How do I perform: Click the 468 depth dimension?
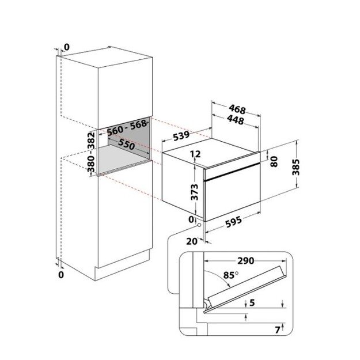[237, 109]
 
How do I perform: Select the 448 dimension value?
[236, 120]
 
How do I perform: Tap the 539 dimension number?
[181, 135]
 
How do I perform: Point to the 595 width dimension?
[233, 222]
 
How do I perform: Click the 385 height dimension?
[295, 167]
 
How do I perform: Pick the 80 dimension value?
[274, 161]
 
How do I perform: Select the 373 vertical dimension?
[194, 192]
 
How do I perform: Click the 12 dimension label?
[195, 154]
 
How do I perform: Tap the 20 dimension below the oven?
[192, 241]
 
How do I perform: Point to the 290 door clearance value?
[245, 261]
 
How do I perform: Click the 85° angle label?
[230, 275]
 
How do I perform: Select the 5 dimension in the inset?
[252, 302]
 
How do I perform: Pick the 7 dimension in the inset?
[278, 330]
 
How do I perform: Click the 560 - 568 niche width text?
[127, 128]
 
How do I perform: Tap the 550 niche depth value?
[126, 145]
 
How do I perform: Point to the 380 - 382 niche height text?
[92, 152]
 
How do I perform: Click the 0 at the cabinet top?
[66, 47]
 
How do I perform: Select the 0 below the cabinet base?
[61, 275]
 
